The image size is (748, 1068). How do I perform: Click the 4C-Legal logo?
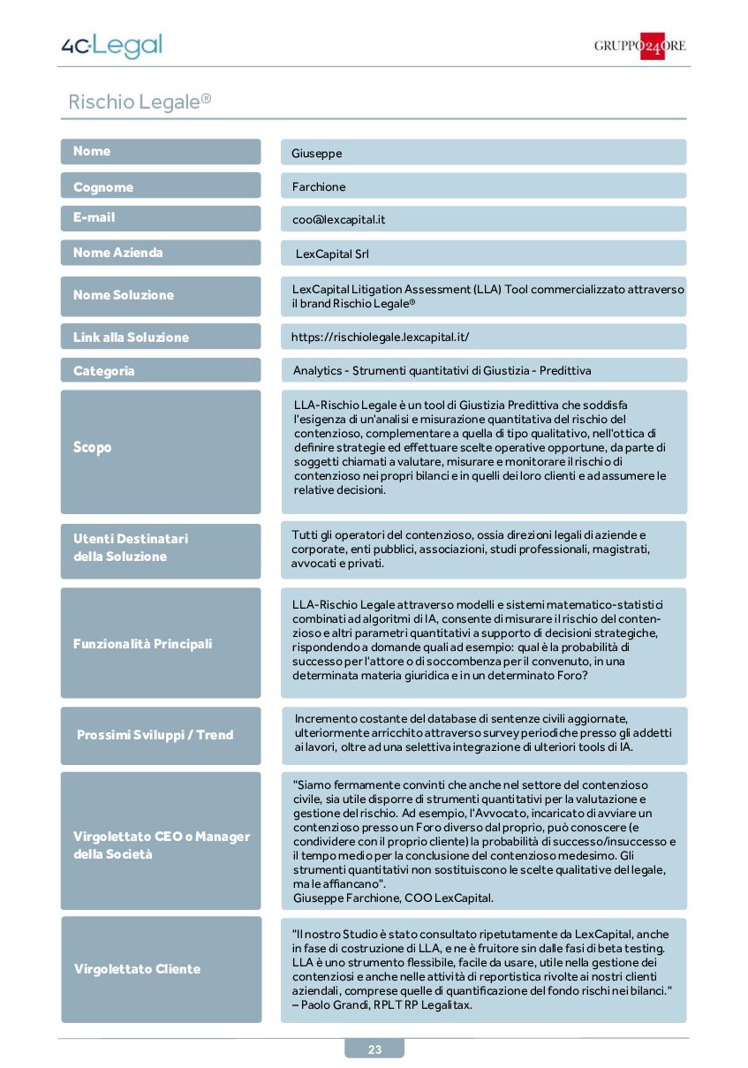[111, 46]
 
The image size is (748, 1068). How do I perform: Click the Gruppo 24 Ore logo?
[639, 46]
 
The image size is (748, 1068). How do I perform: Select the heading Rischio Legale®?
[140, 102]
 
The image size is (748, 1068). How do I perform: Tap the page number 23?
[374, 1049]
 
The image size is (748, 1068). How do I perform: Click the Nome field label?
[92, 151]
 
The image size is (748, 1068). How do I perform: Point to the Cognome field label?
[103, 186]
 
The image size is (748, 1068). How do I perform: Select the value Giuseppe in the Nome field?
[317, 153]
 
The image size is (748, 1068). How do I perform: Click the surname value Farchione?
[319, 186]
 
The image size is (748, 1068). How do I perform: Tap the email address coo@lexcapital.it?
[338, 219]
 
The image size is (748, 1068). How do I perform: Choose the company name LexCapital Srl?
[332, 254]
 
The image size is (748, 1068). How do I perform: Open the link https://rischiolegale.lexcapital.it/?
[380, 337]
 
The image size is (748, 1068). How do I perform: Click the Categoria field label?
[104, 371]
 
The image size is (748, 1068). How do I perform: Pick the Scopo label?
[93, 447]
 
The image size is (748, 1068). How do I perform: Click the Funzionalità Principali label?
[142, 644]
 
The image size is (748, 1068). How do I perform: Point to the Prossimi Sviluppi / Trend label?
[155, 735]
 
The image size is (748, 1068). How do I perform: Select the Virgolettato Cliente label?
[137, 969]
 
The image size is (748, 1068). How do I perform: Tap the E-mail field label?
[94, 217]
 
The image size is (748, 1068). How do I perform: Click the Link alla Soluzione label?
[131, 337]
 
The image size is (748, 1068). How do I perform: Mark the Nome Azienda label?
[118, 253]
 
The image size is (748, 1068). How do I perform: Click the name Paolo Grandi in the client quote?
[331, 1005]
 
